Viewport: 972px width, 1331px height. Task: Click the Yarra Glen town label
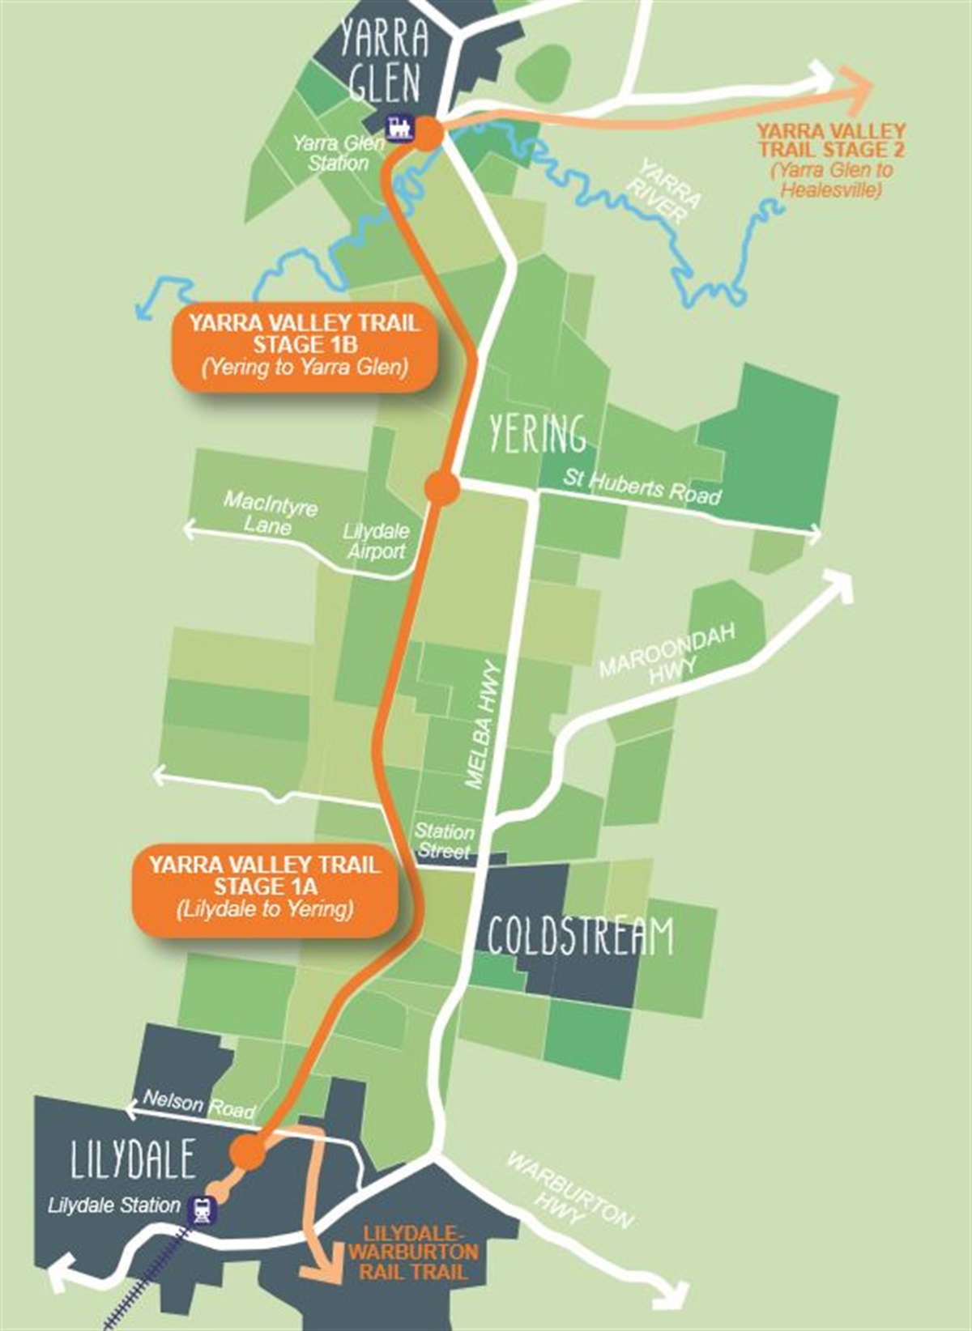(384, 61)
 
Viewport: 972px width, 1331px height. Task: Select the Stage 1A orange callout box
(264, 887)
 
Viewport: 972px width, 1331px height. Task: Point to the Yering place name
(537, 434)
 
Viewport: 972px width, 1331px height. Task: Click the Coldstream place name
(580, 937)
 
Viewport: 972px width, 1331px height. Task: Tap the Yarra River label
(669, 193)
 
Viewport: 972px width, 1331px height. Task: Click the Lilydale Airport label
(376, 542)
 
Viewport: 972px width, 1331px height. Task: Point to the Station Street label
(444, 841)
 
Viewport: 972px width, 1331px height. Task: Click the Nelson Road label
(198, 1104)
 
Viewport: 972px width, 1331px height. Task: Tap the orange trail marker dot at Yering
(442, 488)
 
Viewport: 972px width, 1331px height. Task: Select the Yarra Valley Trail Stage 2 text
(832, 159)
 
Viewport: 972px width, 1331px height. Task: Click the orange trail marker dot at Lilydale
(248, 1151)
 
